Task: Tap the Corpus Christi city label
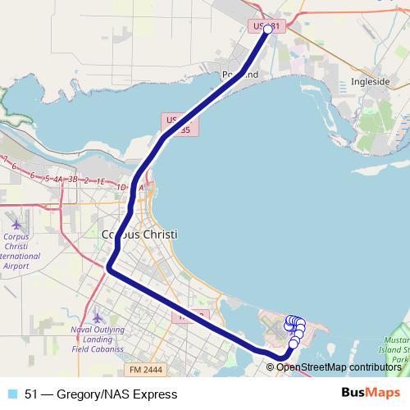(x=139, y=234)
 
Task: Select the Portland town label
(x=240, y=75)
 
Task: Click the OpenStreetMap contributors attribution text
(x=338, y=367)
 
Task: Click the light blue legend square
(x=12, y=394)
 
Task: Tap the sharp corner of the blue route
(x=109, y=266)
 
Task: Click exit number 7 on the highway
(x=5, y=157)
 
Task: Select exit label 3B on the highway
(x=72, y=179)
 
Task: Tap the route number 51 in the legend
(x=31, y=394)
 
